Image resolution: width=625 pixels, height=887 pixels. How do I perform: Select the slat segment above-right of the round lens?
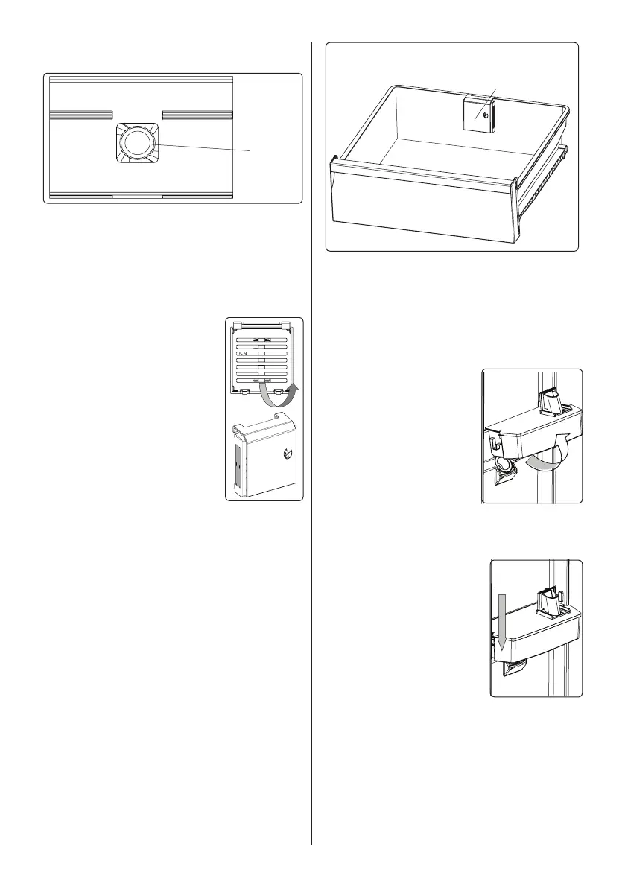[196, 115]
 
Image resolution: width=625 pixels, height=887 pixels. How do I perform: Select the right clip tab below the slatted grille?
[279, 390]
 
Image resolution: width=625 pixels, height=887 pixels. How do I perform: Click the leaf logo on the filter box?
[288, 456]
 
